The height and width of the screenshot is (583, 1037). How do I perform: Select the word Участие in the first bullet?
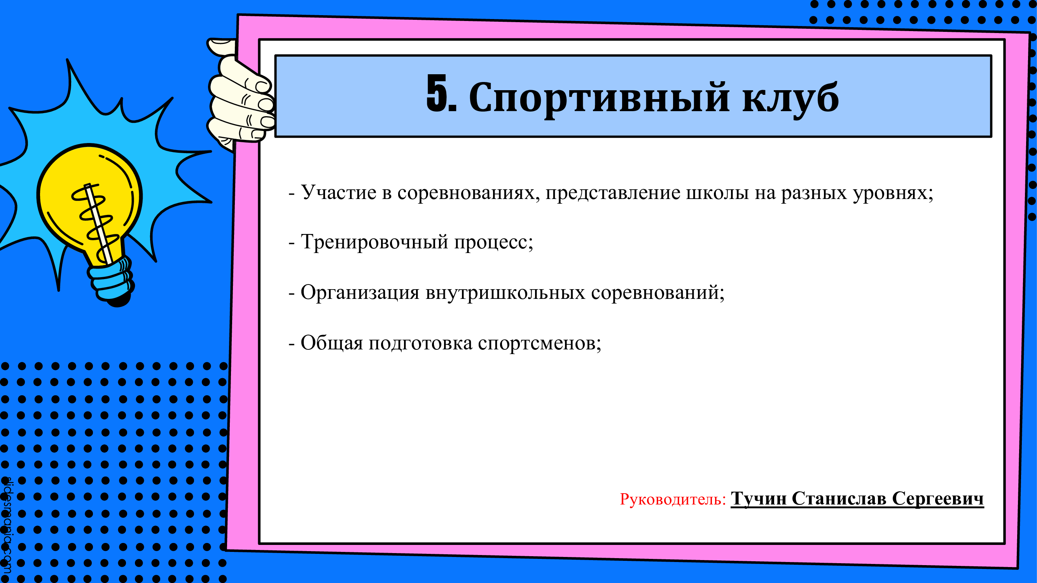pos(339,192)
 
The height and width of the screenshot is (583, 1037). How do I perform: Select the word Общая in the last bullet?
pos(332,343)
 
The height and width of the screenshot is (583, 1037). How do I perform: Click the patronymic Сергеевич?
pos(937,499)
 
